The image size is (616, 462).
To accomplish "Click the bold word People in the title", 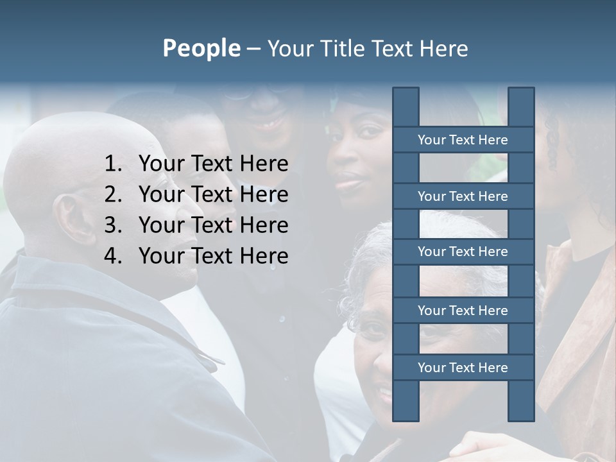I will [x=201, y=49].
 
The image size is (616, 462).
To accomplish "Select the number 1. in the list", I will [x=114, y=164].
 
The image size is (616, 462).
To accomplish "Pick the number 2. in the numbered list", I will [x=114, y=194].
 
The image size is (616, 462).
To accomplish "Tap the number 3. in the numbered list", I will [x=114, y=225].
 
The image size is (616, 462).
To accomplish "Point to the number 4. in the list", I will [x=114, y=256].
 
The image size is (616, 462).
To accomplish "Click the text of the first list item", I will [x=213, y=164].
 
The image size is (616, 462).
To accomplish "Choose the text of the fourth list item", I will [x=213, y=256].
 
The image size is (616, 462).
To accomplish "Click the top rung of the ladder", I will [x=463, y=140].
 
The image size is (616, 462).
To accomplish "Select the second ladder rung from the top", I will [x=463, y=196].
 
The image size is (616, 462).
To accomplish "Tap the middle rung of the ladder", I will [x=463, y=252].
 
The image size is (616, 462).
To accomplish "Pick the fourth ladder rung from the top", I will [x=463, y=311].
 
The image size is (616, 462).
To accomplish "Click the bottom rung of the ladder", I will [x=463, y=368].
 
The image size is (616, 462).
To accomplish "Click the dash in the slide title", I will [x=253, y=49].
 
